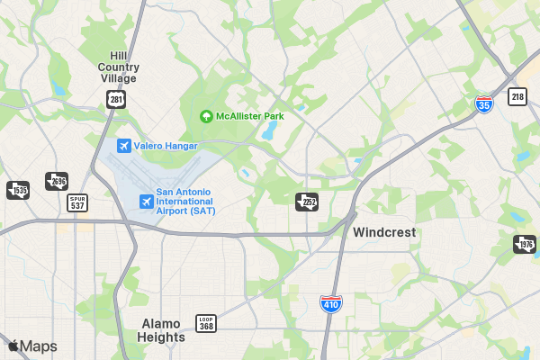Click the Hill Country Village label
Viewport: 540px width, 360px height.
(x=119, y=67)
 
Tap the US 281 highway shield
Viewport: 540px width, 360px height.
(x=114, y=98)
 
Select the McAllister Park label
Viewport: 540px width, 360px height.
(x=249, y=116)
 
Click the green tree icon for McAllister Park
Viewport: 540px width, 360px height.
(x=206, y=116)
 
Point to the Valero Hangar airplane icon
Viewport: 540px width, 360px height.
(x=124, y=146)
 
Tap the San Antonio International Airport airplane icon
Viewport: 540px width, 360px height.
(x=146, y=201)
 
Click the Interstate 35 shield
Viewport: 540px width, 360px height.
(x=484, y=104)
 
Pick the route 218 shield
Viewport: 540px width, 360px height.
(x=517, y=96)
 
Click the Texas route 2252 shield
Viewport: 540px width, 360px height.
(x=307, y=201)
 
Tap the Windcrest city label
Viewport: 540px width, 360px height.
(x=384, y=232)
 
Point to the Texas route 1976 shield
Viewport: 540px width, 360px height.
(x=524, y=244)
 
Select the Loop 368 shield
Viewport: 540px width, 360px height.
(x=206, y=322)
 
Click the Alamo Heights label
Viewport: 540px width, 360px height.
(x=163, y=330)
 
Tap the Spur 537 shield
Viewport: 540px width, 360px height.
(x=78, y=202)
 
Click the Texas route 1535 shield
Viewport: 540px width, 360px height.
(x=18, y=190)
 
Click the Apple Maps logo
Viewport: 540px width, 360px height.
(x=32, y=346)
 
